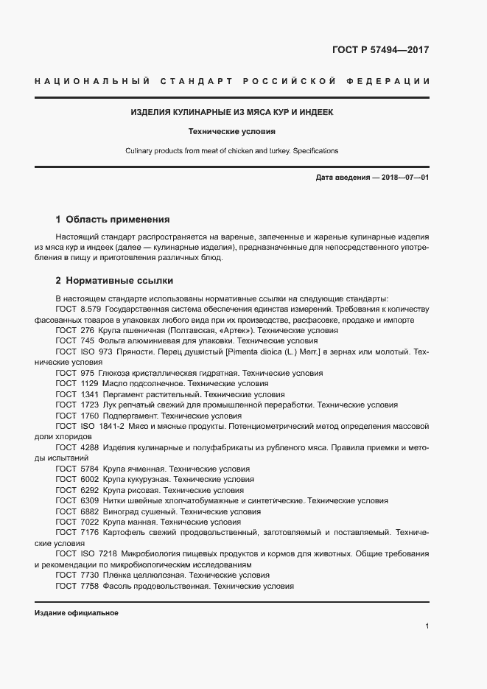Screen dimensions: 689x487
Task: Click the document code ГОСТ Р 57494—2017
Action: [376, 50]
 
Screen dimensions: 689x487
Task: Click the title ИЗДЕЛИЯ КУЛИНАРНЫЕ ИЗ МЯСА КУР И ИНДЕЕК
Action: [232, 113]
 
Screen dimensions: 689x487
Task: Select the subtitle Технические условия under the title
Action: [232, 132]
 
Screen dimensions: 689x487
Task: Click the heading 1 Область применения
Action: [113, 219]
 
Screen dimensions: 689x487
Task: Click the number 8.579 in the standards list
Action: [91, 309]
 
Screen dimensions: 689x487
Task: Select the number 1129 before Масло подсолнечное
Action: [88, 384]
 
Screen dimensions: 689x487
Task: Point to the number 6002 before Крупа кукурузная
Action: [88, 480]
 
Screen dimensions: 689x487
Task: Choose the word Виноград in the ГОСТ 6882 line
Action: [121, 511]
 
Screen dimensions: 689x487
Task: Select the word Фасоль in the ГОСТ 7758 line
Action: [117, 586]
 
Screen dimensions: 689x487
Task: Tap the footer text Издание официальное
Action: [76, 613]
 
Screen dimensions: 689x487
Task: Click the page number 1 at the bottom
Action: [427, 626]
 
